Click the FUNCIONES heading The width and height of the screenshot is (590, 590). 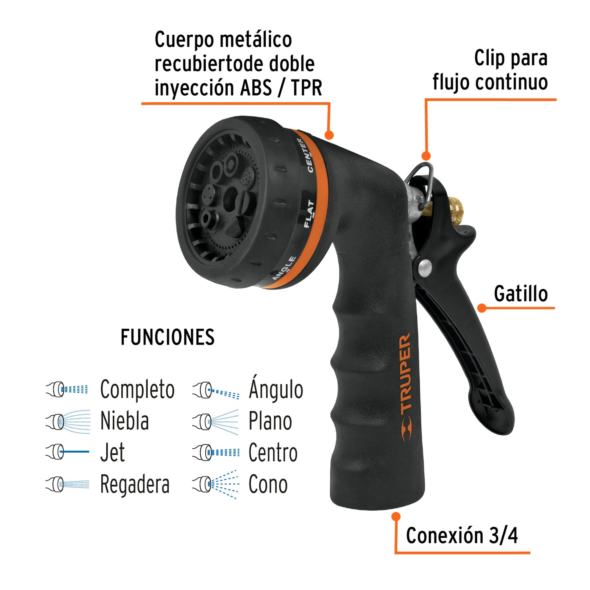point(167,338)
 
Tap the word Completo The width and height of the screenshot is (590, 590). point(137,390)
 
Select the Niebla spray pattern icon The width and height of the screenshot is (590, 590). point(68,421)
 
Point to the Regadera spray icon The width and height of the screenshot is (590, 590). point(68,484)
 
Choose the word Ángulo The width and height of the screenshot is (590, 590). point(276,390)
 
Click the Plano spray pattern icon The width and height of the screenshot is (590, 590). point(216,421)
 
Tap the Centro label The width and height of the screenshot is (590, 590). point(273,453)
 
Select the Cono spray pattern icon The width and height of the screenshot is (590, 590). point(216,484)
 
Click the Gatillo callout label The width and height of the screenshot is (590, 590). point(521,294)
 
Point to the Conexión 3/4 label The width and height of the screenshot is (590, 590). point(462,536)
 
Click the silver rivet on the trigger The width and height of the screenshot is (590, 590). point(425,267)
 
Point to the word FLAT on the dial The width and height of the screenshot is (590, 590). point(309,214)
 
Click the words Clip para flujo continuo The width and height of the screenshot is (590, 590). point(490,70)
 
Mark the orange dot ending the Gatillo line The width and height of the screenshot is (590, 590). point(482,308)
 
